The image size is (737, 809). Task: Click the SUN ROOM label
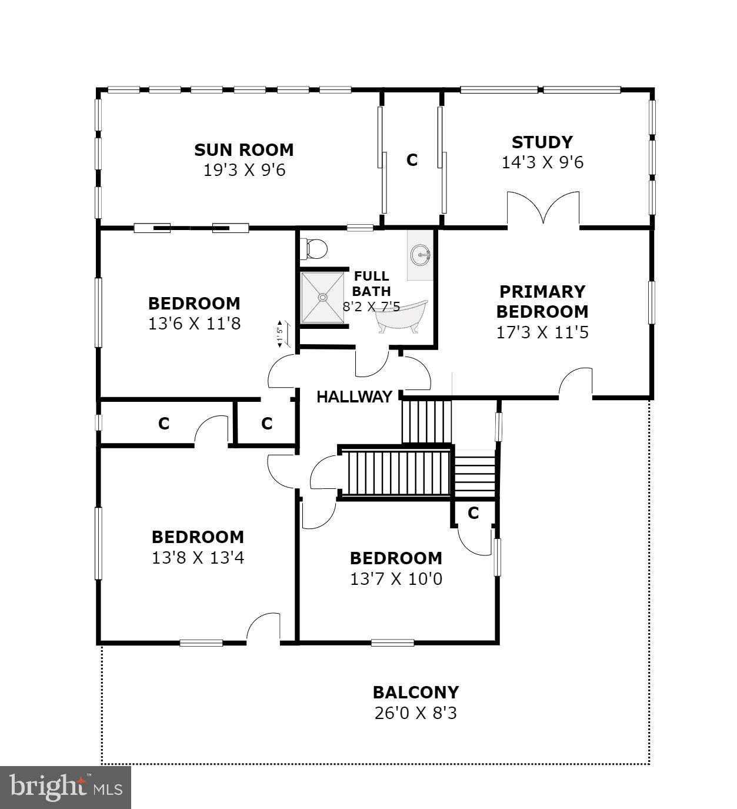[x=244, y=150]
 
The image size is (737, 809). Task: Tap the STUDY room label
[x=542, y=142]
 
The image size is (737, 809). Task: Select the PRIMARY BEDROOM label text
[x=542, y=301]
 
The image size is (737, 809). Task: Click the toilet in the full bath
[x=314, y=249]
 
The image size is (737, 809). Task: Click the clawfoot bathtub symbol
[x=402, y=317]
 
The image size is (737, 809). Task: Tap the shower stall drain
[x=322, y=298]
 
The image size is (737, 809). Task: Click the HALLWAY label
[x=354, y=397]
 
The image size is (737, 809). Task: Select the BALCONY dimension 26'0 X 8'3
[x=415, y=713]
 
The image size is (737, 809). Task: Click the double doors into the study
[x=543, y=209]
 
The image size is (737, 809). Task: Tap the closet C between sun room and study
[x=412, y=160]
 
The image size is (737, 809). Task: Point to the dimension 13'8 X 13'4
[x=198, y=557]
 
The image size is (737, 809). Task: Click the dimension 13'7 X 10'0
[x=396, y=579]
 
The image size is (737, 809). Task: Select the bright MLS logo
[x=65, y=787]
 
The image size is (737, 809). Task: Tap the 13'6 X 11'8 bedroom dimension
[x=194, y=324]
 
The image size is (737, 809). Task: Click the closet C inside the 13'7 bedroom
[x=473, y=513]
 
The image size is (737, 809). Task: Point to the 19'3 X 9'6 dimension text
[x=244, y=171]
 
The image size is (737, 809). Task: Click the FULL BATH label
[x=371, y=283]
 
